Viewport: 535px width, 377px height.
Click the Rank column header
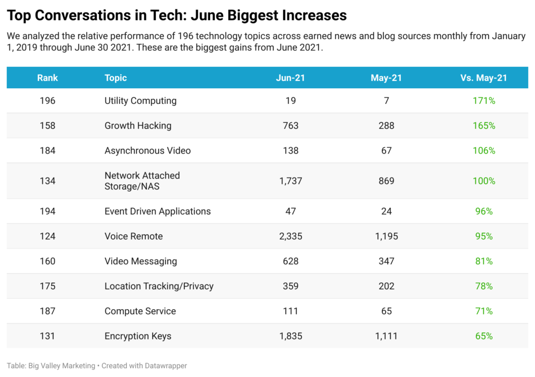(48, 78)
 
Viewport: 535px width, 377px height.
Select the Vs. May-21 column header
(484, 78)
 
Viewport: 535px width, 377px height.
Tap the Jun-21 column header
(290, 78)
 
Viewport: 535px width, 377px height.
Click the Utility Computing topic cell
(141, 101)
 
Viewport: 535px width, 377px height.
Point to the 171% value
(484, 101)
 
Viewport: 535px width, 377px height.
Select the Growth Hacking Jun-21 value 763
(290, 126)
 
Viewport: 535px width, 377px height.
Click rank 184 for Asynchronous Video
(48, 151)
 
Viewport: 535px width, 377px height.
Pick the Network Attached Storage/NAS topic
(142, 181)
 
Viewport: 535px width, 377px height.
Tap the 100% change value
(484, 181)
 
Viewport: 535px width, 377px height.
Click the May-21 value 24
(387, 211)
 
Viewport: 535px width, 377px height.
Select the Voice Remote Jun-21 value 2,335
(290, 237)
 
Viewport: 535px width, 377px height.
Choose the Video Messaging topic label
(141, 261)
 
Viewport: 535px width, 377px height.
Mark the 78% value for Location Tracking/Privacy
(484, 286)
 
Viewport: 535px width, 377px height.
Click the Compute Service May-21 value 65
(387, 311)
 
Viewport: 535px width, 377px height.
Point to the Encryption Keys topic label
(138, 336)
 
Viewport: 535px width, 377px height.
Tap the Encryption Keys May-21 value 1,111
(387, 336)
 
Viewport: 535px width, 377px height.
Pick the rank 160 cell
(48, 261)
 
